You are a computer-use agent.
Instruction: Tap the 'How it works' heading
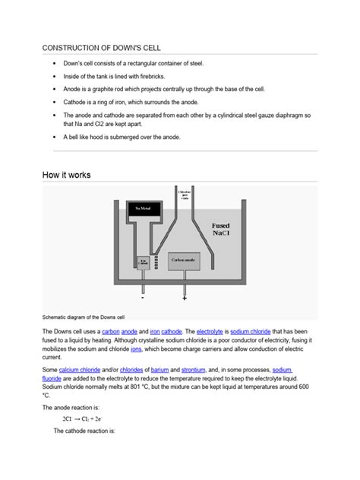click(66, 175)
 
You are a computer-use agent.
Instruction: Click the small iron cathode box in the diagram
click(143, 261)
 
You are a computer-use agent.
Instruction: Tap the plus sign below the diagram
click(185, 298)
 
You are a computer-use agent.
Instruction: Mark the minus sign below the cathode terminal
click(142, 298)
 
